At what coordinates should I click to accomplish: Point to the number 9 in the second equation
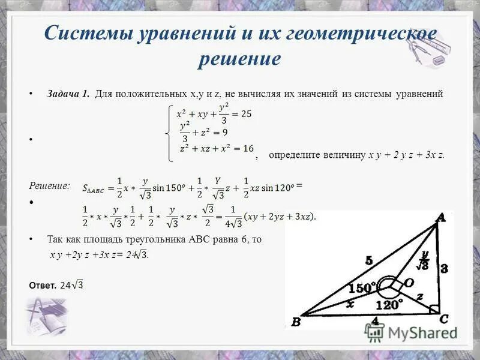(x=224, y=132)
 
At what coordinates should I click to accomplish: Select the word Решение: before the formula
(x=50, y=186)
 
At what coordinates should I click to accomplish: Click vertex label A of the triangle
(x=441, y=219)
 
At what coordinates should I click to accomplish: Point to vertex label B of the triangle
(x=295, y=323)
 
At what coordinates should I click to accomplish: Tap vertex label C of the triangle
(x=445, y=318)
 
